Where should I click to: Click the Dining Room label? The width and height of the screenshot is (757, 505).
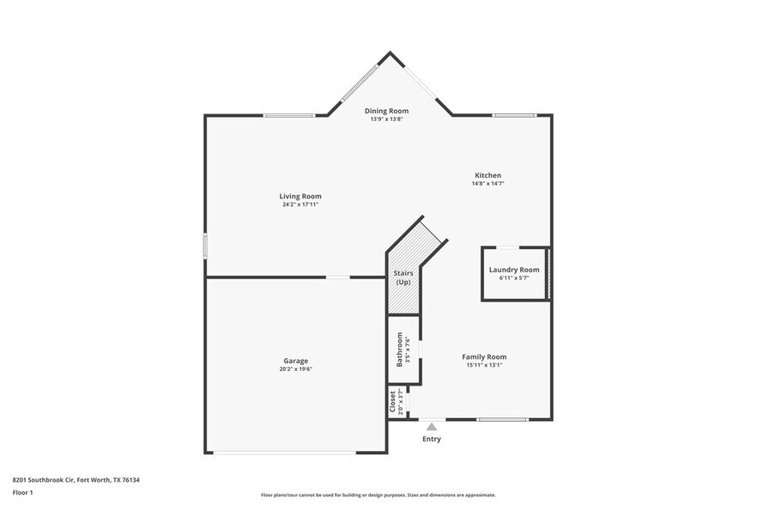(x=386, y=111)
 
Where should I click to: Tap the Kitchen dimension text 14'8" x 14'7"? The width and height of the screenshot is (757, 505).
(x=487, y=184)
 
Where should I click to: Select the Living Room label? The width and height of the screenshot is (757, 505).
(x=300, y=196)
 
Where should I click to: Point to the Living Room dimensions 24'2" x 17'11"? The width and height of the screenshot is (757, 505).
(x=300, y=204)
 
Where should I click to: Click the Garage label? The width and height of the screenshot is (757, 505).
(x=296, y=361)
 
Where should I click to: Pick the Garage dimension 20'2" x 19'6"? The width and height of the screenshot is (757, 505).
(x=296, y=369)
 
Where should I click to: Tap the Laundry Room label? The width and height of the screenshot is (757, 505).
(x=514, y=270)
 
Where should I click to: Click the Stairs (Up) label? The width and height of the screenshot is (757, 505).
(x=403, y=277)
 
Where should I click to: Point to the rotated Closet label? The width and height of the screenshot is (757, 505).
(x=392, y=402)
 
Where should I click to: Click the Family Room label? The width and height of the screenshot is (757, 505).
(x=484, y=356)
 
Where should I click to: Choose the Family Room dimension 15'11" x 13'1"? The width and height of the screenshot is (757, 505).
(x=484, y=365)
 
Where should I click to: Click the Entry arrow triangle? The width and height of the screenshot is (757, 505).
(x=431, y=426)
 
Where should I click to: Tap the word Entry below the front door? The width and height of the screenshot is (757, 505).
(x=431, y=439)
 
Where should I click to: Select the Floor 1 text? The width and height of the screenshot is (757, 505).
(x=22, y=492)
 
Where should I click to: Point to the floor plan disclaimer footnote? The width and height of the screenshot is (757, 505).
(x=378, y=495)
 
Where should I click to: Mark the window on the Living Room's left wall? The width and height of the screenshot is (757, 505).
(x=204, y=245)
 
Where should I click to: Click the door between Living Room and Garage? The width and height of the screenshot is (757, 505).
(x=337, y=277)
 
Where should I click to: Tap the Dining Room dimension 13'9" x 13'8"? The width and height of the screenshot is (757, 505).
(x=386, y=119)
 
